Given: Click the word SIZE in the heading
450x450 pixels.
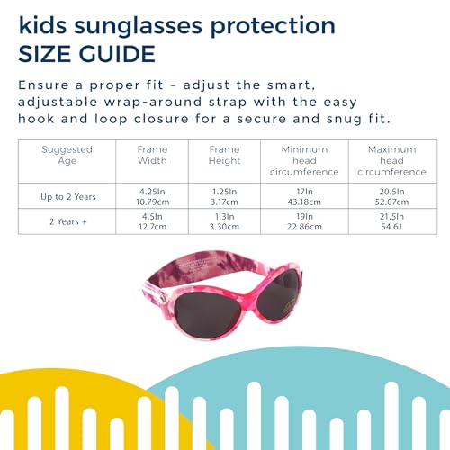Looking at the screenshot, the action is pyautogui.click(x=44, y=54).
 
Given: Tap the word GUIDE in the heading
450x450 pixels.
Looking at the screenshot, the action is pyautogui.click(x=117, y=54).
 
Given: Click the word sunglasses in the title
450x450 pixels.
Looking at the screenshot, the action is pyautogui.click(x=139, y=26).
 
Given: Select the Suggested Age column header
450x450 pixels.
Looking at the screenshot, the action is pyautogui.click(x=67, y=155).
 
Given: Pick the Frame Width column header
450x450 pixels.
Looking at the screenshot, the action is pyautogui.click(x=152, y=155).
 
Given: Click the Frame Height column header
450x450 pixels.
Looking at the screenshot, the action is pyautogui.click(x=225, y=155).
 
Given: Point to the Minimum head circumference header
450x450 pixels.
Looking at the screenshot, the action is pyautogui.click(x=304, y=160).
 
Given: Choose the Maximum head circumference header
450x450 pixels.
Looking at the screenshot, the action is pyautogui.click(x=392, y=160).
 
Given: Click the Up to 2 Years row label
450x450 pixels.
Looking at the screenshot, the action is pyautogui.click(x=68, y=197).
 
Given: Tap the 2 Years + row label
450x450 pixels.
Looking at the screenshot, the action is pyautogui.click(x=68, y=221).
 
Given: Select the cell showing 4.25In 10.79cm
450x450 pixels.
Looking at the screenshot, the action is pyautogui.click(x=153, y=197).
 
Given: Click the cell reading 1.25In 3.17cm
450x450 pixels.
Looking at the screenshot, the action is pyautogui.click(x=225, y=197).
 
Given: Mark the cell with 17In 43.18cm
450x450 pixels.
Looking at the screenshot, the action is pyautogui.click(x=304, y=197).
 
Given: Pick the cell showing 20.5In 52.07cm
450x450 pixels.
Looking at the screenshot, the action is pyautogui.click(x=392, y=197).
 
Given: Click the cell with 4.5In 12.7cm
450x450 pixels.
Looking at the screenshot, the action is pyautogui.click(x=152, y=221).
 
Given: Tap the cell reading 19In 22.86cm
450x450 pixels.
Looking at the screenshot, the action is pyautogui.click(x=304, y=221).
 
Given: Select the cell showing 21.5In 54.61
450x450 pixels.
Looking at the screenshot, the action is pyautogui.click(x=392, y=221).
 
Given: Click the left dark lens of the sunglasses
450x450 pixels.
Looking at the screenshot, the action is pyautogui.click(x=208, y=314).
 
